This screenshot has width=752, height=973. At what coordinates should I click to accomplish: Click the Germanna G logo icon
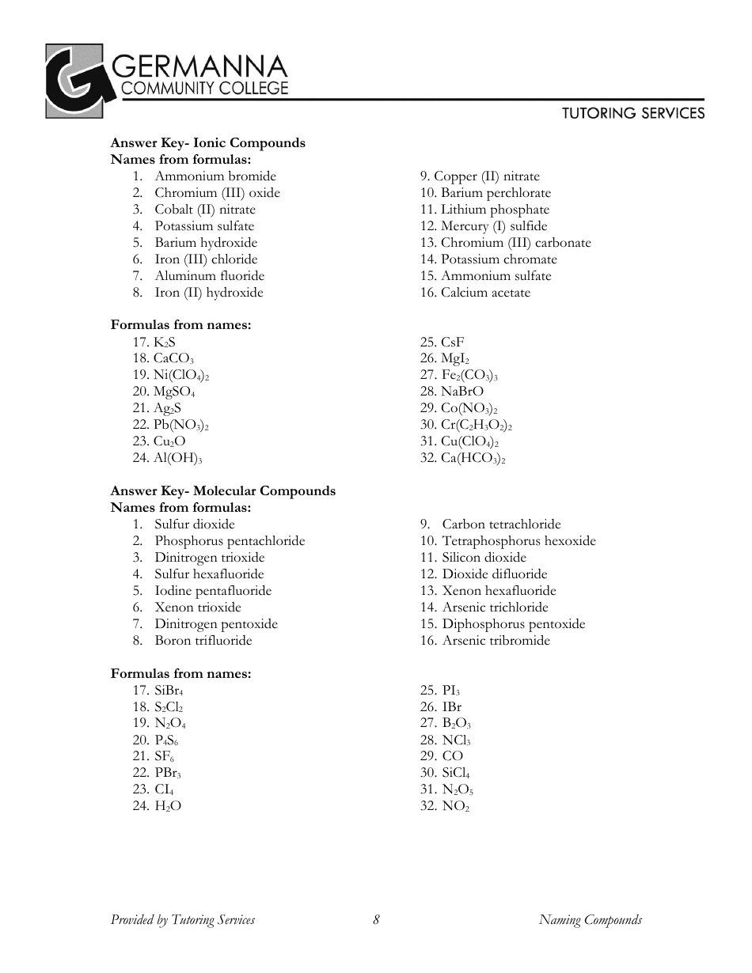click(74, 81)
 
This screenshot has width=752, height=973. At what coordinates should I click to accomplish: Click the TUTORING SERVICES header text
click(633, 113)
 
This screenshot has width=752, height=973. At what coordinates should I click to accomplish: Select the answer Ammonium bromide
click(215, 176)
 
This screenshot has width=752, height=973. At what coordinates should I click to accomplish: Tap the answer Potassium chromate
click(499, 259)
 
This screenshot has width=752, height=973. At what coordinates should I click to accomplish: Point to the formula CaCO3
click(173, 358)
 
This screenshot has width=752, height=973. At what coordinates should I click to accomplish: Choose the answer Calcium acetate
click(485, 293)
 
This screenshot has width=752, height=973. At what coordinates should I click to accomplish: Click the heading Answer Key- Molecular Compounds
click(222, 491)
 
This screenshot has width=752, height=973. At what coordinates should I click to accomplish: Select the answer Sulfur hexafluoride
click(209, 574)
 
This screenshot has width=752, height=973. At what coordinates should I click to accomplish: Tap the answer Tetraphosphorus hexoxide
click(518, 541)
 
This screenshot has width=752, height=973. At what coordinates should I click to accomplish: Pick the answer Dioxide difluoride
click(495, 574)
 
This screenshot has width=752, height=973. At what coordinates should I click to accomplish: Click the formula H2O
click(168, 806)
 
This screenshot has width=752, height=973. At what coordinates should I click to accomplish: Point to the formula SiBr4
click(169, 691)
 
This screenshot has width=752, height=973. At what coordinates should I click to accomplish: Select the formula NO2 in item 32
click(456, 806)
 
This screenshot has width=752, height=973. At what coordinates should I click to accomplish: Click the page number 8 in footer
click(376, 919)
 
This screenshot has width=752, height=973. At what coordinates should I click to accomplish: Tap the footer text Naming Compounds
click(590, 919)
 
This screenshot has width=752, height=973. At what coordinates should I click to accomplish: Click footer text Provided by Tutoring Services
click(183, 919)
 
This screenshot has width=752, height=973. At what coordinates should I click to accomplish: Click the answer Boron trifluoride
click(203, 641)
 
